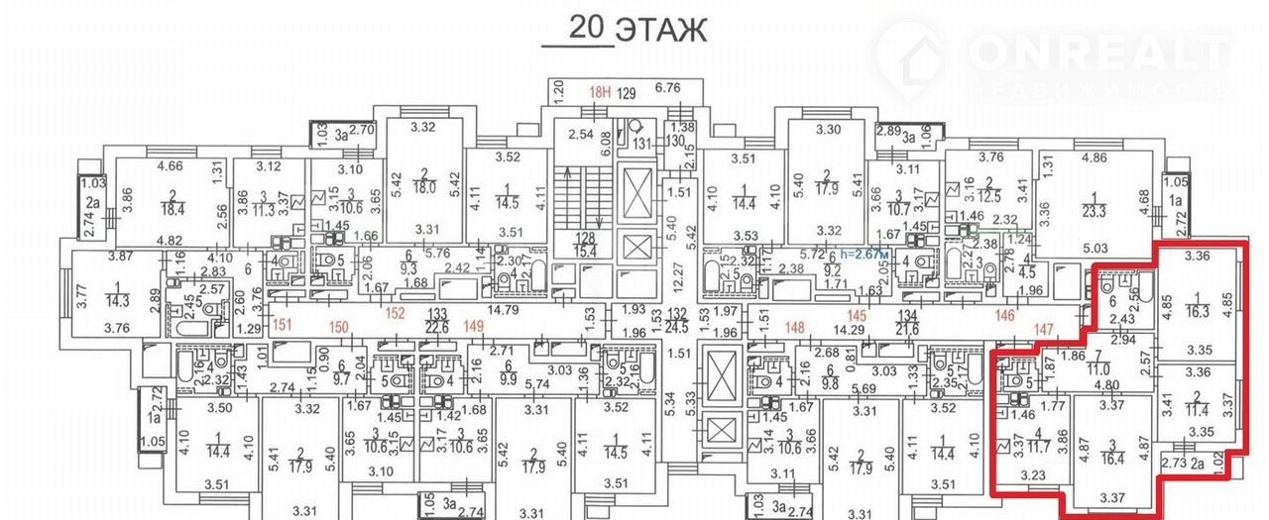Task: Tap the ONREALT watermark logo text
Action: (1100, 51)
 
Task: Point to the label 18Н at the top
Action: (597, 93)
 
